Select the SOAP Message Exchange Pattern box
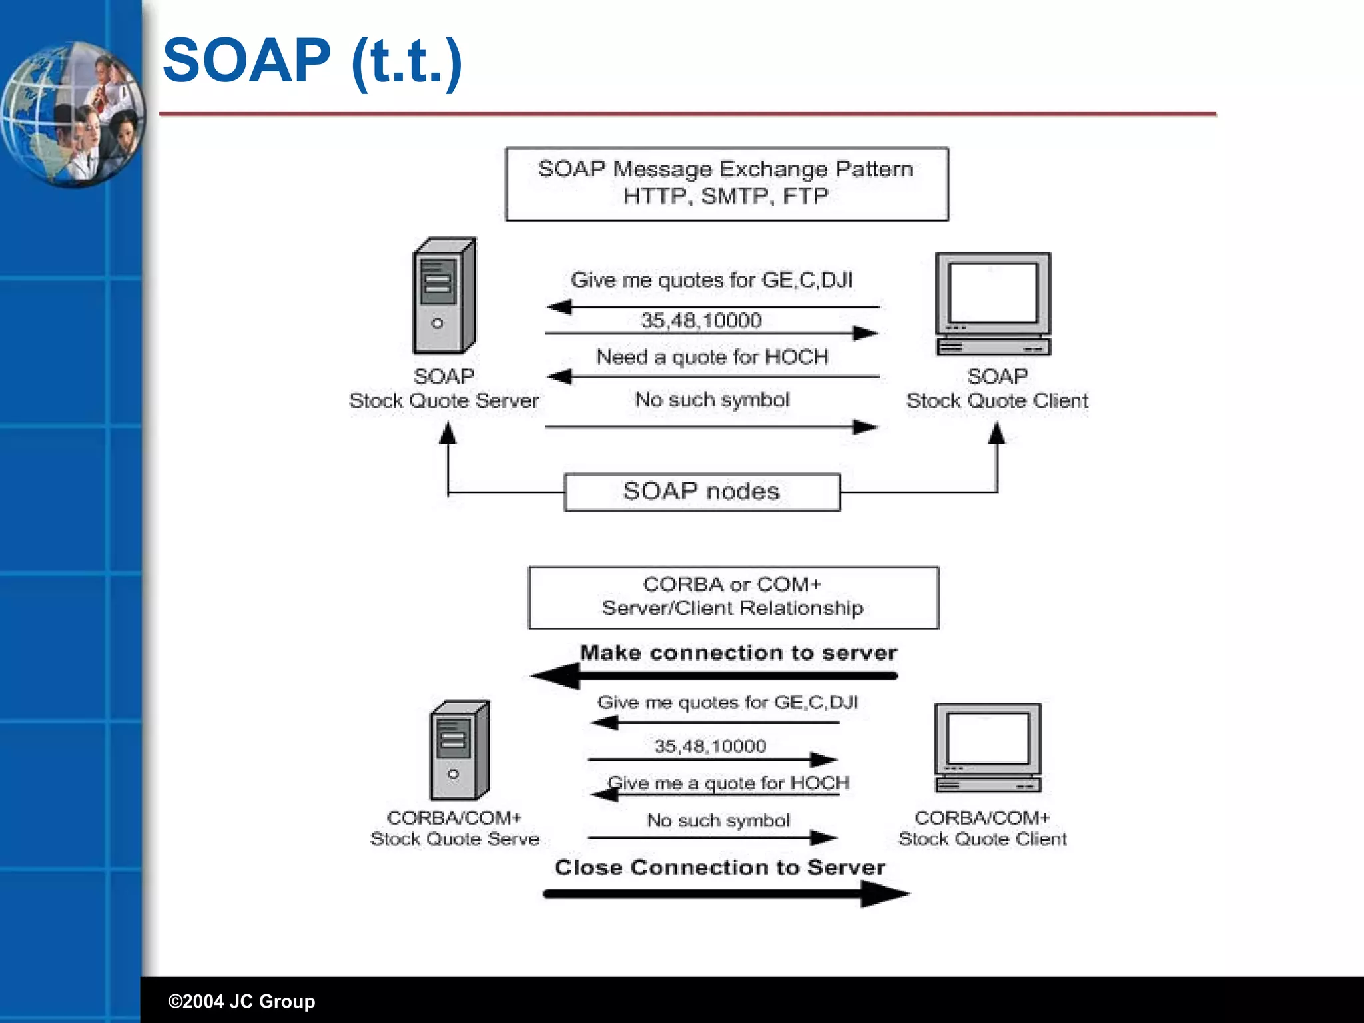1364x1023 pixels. [x=727, y=184]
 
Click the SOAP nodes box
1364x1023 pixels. [x=702, y=492]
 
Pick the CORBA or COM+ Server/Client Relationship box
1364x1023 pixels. [x=733, y=597]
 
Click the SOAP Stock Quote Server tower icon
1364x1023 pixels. [x=444, y=296]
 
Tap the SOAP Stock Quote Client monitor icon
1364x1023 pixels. [x=992, y=304]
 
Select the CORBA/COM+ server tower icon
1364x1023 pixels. [x=460, y=751]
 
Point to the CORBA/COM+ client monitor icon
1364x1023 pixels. [x=988, y=748]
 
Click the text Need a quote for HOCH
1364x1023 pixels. [x=712, y=357]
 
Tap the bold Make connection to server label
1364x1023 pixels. [x=738, y=653]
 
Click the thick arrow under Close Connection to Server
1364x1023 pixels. [x=726, y=894]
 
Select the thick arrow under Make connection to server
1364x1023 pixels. [x=716, y=676]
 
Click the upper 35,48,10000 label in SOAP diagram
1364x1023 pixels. [x=701, y=320]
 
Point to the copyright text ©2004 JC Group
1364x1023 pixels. [x=241, y=1001]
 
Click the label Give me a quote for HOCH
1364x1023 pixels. [x=729, y=783]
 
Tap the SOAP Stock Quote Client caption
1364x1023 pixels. [x=997, y=389]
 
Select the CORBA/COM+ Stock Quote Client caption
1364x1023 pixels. [x=982, y=828]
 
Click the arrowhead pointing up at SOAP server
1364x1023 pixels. [x=448, y=434]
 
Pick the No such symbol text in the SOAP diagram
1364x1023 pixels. [x=712, y=400]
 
